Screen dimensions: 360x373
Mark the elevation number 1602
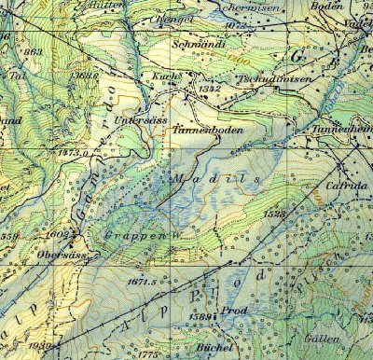[x=58, y=234]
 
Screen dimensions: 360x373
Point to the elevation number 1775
[x=148, y=353]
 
